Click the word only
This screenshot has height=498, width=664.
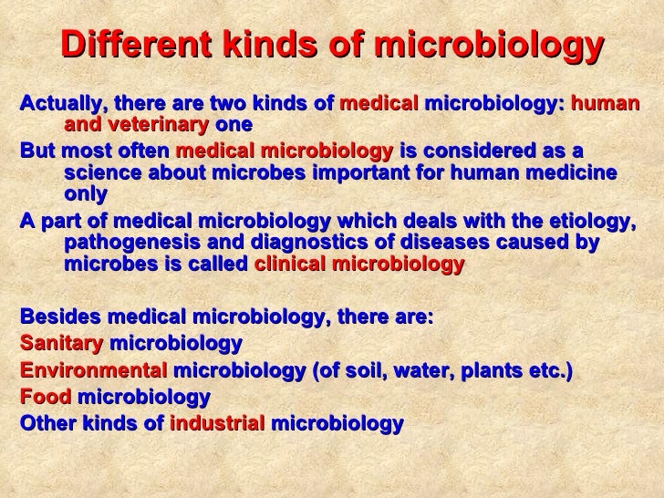86,194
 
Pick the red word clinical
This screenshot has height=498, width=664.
288,265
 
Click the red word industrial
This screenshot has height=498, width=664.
218,424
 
